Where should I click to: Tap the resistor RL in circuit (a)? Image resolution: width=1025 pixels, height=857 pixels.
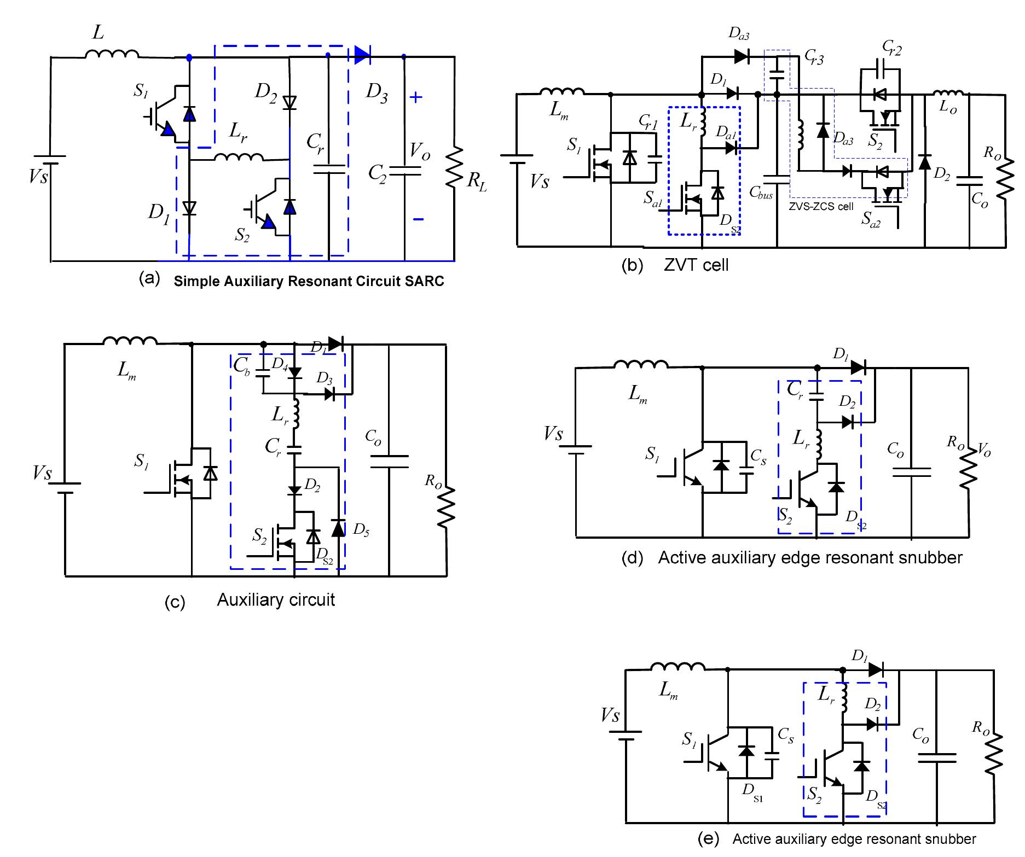coord(455,167)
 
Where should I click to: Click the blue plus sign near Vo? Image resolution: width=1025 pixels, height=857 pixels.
coord(416,98)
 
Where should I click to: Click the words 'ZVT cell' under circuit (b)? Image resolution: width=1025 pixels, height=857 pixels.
coord(696,265)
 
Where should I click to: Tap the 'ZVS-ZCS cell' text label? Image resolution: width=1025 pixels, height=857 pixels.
coord(821,206)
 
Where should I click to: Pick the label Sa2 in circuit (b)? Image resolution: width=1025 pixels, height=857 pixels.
coord(871,220)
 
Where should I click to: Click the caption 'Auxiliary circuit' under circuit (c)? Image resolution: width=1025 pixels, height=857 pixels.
coord(276,600)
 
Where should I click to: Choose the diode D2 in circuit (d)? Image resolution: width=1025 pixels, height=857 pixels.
coord(847,422)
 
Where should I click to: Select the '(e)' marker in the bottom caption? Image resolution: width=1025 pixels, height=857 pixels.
coord(709,839)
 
